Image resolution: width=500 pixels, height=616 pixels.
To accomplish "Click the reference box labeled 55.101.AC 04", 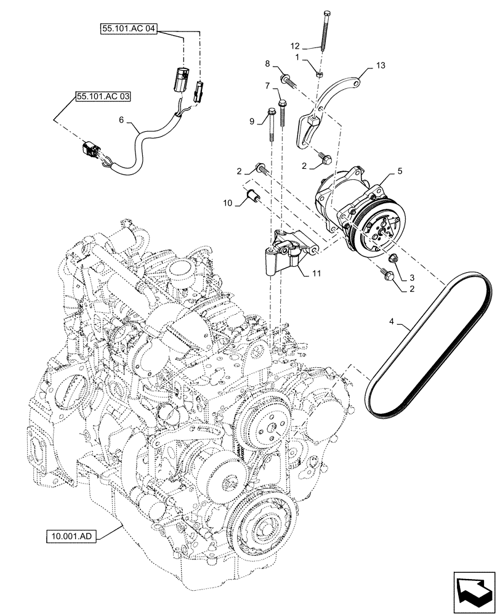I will pos(127,29).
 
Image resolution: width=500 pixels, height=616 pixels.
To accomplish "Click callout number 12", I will pos(296,46).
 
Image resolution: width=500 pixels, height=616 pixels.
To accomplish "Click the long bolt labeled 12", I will pos(325,31).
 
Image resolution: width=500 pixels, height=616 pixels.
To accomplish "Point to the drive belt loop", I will pos(431,345).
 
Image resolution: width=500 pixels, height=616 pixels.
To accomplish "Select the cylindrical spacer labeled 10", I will pos(254,198).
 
